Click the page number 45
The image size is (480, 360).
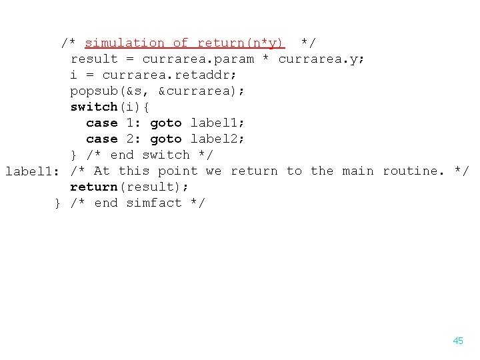(x=457, y=341)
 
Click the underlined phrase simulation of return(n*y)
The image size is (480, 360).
(x=185, y=43)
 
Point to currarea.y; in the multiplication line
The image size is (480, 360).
(x=321, y=59)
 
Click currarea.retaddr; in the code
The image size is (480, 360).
(x=166, y=75)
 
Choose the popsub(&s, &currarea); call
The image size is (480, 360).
(x=157, y=91)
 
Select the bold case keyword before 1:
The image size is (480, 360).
(x=101, y=123)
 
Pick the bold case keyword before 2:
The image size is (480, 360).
(x=101, y=139)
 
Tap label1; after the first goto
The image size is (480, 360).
(x=218, y=123)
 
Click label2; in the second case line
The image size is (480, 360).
(x=218, y=139)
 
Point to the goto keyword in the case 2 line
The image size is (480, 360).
(x=166, y=139)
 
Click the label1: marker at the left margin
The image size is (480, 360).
(x=32, y=171)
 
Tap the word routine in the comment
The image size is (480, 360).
(x=413, y=171)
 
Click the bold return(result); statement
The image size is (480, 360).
(x=129, y=187)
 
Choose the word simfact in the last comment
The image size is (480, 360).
(x=153, y=203)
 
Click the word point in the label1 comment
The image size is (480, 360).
(x=178, y=171)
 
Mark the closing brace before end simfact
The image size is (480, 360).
(x=59, y=203)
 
